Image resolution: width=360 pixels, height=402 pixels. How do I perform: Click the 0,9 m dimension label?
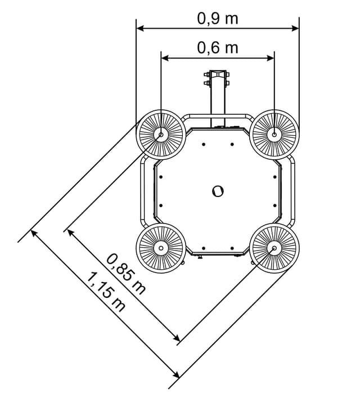(218, 19)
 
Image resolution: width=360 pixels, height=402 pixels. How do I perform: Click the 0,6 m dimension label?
(218, 48)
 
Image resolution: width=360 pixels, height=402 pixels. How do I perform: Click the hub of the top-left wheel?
(161, 135)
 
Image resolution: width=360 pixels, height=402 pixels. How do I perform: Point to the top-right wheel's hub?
(274, 134)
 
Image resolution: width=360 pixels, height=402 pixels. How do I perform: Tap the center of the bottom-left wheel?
(161, 247)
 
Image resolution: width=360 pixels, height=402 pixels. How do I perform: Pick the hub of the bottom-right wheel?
(274, 247)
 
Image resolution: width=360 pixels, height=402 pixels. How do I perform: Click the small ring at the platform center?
(218, 191)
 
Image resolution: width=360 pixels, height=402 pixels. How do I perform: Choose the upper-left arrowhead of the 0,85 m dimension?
(69, 231)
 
